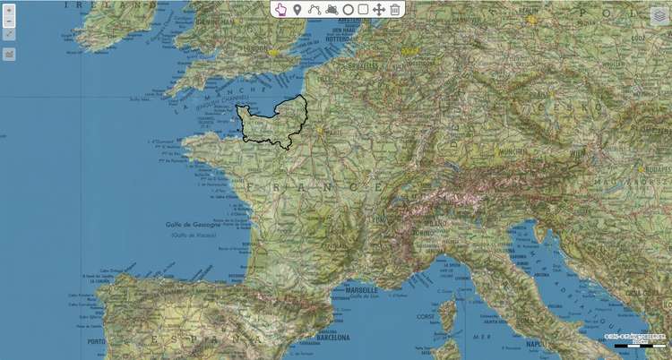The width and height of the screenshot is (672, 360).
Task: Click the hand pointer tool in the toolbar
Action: (x=280, y=9)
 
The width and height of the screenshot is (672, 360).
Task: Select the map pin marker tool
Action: (x=297, y=9)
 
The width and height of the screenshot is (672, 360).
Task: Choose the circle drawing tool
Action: (x=348, y=9)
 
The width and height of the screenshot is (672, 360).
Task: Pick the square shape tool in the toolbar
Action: (x=363, y=9)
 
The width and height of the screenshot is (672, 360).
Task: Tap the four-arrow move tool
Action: (x=378, y=9)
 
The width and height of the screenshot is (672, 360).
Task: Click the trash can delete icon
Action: (x=394, y=9)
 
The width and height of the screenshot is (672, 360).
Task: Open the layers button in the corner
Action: (x=659, y=16)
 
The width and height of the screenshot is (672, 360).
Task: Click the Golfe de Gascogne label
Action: (x=194, y=224)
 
